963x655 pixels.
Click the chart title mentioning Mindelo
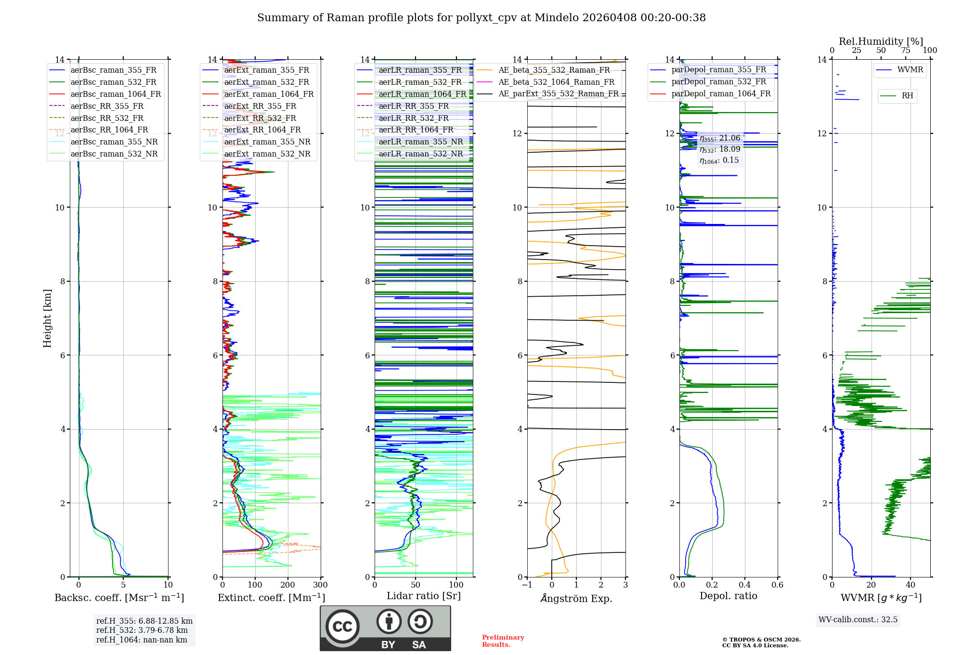[481, 18]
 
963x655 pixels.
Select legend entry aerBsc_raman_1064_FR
[116, 94]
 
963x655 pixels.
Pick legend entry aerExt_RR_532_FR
[260, 118]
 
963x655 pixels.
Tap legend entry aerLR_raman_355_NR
[420, 142]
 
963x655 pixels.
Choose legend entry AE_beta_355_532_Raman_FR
[554, 70]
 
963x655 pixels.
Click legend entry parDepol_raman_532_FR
[718, 81]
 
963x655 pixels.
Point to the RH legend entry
[907, 96]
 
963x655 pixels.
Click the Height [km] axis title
[47, 318]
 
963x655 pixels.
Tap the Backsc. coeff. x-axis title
[119, 598]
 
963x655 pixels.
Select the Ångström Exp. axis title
[576, 599]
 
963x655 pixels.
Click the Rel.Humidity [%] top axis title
[881, 41]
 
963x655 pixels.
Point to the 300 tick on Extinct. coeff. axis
[320, 585]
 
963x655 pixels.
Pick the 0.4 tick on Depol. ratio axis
[744, 585]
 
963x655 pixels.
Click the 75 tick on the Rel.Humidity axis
[905, 51]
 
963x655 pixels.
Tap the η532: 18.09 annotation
[720, 149]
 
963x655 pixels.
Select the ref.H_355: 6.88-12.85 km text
[144, 621]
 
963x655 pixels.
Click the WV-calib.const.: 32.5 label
[858, 619]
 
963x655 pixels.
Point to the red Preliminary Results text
[503, 641]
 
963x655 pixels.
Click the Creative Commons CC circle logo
[342, 626]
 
